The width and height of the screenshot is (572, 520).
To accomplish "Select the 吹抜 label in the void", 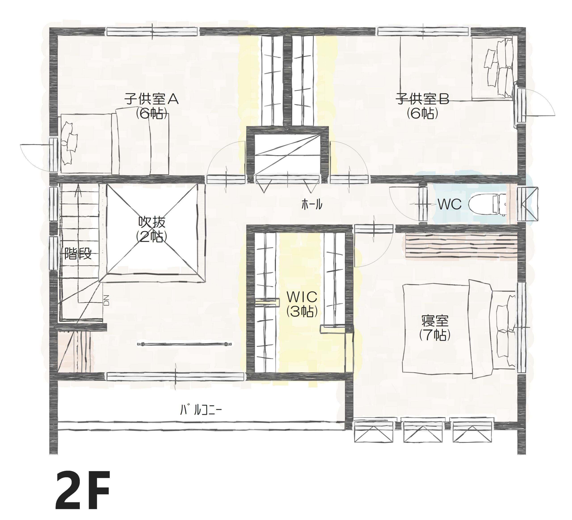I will pyautogui.click(x=152, y=222).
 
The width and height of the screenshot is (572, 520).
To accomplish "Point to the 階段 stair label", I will pyautogui.click(x=78, y=254).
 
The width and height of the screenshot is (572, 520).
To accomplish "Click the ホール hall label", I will pyautogui.click(x=312, y=204).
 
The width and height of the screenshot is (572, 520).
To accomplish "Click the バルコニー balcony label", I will pyautogui.click(x=201, y=410).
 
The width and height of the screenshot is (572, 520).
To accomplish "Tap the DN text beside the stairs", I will pyautogui.click(x=106, y=300).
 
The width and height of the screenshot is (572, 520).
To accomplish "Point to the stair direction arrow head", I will pyautogui.click(x=79, y=189).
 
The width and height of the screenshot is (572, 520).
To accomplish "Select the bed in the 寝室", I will pyautogui.click(x=459, y=329).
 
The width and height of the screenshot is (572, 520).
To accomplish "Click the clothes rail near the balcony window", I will pyautogui.click(x=185, y=344).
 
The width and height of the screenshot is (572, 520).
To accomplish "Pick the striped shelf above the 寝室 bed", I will pyautogui.click(x=461, y=246).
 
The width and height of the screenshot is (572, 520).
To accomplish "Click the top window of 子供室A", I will pyautogui.click(x=152, y=32).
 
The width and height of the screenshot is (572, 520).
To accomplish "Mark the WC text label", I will pyautogui.click(x=450, y=204).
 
